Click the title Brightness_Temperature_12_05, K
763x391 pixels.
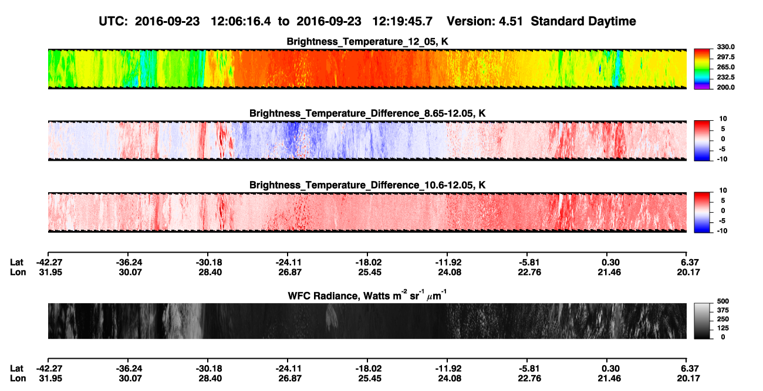pos(367,42)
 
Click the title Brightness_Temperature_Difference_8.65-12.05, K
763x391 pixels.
pos(367,113)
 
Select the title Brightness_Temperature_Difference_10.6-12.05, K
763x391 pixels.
pos(367,185)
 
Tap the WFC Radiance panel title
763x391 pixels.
pos(367,295)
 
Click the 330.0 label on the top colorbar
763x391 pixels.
pos(725,47)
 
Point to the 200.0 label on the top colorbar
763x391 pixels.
pos(725,87)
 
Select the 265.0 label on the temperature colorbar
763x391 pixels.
pos(725,67)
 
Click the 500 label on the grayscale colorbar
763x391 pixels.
pos(723,301)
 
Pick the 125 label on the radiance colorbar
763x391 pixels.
pos(723,328)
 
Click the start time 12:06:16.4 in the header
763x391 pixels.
pos(241,22)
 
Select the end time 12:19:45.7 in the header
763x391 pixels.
pos(402,22)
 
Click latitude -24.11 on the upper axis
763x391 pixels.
pos(288,263)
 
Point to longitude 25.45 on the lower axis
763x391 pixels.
pos(370,379)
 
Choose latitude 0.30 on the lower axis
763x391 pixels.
pos(610,369)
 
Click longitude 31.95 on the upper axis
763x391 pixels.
pos(50,272)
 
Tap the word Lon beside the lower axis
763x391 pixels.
pos(18,379)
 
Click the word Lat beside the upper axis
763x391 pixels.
pos(16,263)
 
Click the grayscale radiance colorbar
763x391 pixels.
pos(702,321)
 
